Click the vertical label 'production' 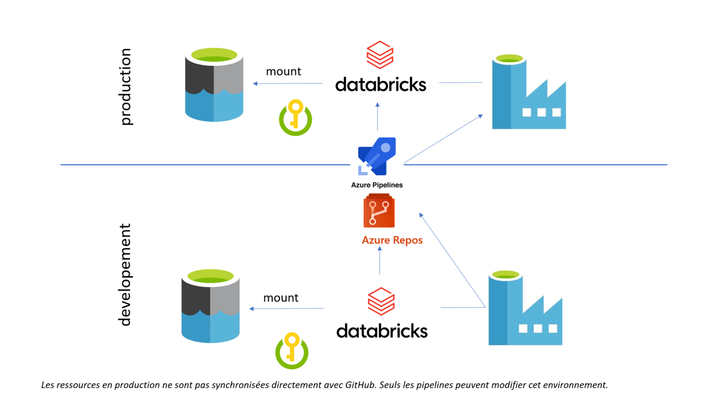[126, 86]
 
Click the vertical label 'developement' [125, 275]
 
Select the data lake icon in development [210, 306]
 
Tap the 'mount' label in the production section [283, 72]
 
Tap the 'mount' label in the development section [281, 298]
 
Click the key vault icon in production [295, 118]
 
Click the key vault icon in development [292, 351]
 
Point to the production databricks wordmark [381, 85]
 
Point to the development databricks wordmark [382, 331]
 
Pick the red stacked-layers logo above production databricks [380, 55]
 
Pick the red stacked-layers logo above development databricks [381, 301]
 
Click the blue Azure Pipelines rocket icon [377, 156]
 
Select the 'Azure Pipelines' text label [377, 185]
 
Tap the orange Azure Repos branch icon [379, 211]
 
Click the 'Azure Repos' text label [392, 240]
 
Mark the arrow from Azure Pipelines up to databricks [378, 117]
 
